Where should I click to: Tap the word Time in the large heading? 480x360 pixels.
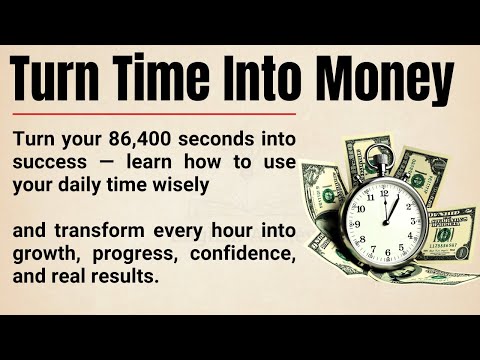[x=180, y=77]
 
